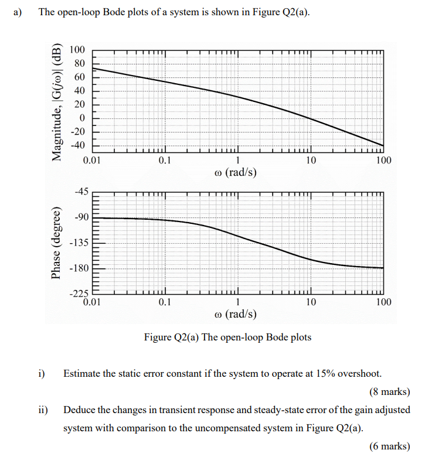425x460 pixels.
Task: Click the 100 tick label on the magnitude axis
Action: [x=77, y=50]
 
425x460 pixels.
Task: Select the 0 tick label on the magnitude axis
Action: [x=82, y=118]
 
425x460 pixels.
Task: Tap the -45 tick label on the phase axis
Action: [x=81, y=192]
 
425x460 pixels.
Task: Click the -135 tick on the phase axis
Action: [x=79, y=243]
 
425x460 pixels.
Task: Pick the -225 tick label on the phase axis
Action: [x=79, y=294]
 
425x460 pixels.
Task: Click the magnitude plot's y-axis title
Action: [x=57, y=102]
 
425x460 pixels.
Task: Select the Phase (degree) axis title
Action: [x=56, y=243]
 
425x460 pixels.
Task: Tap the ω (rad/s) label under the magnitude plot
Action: [x=236, y=172]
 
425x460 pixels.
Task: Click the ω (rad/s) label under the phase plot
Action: [x=236, y=314]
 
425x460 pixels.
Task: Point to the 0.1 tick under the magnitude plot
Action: [x=165, y=160]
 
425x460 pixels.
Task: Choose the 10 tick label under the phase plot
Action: [x=311, y=302]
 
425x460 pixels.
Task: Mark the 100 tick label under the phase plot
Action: [x=384, y=302]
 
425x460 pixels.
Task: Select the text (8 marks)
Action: [x=390, y=391]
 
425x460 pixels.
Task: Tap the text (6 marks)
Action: [x=390, y=446]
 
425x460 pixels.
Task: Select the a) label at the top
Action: [x=18, y=12]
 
